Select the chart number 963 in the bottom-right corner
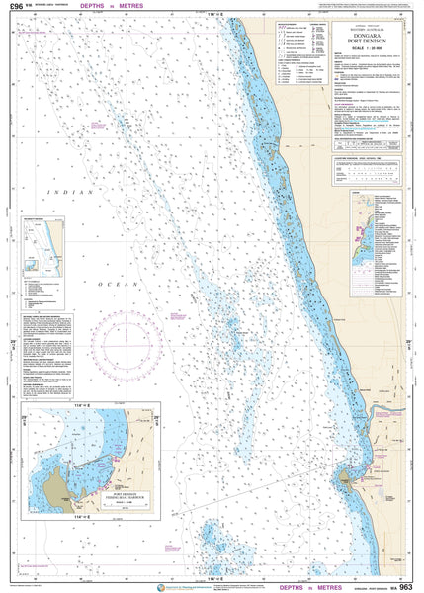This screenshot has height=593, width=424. click(406, 586)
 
